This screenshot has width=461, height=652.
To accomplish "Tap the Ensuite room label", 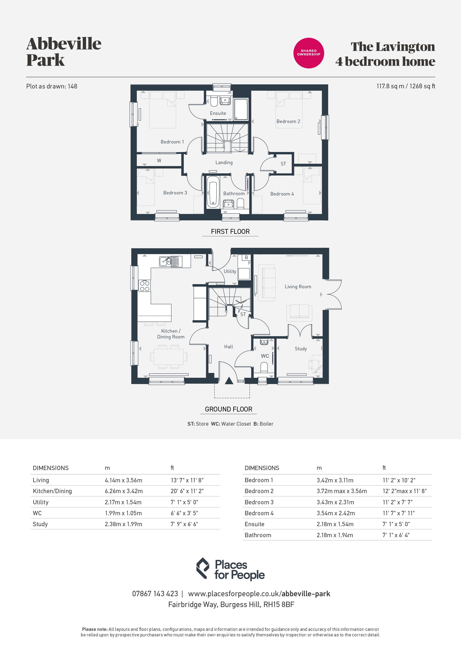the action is (x=218, y=113).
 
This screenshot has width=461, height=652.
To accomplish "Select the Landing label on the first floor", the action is (x=224, y=162).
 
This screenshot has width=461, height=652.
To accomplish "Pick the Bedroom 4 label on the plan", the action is (x=282, y=194).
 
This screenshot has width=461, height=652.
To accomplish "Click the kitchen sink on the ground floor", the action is (x=169, y=261).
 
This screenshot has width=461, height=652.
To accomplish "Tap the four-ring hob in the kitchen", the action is (x=145, y=286).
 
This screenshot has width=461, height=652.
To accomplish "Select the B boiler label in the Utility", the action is (x=246, y=257).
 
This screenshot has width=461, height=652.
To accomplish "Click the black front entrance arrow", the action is (x=229, y=381).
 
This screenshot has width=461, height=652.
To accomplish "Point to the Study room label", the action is (x=301, y=349).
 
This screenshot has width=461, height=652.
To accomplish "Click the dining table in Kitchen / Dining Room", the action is (x=168, y=357).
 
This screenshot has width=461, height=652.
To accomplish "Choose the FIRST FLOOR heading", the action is (x=230, y=231).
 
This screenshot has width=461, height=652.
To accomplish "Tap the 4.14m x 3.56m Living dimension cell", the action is (x=124, y=480).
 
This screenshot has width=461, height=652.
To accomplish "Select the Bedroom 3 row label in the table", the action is (x=259, y=502).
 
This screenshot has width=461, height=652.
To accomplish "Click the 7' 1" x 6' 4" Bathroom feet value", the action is (x=396, y=535).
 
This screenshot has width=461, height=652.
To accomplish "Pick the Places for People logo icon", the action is (x=203, y=568).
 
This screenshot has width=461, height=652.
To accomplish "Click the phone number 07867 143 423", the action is (x=155, y=594).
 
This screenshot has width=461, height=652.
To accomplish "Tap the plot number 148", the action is (x=72, y=86).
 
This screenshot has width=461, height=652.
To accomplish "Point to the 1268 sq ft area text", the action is (x=422, y=86).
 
